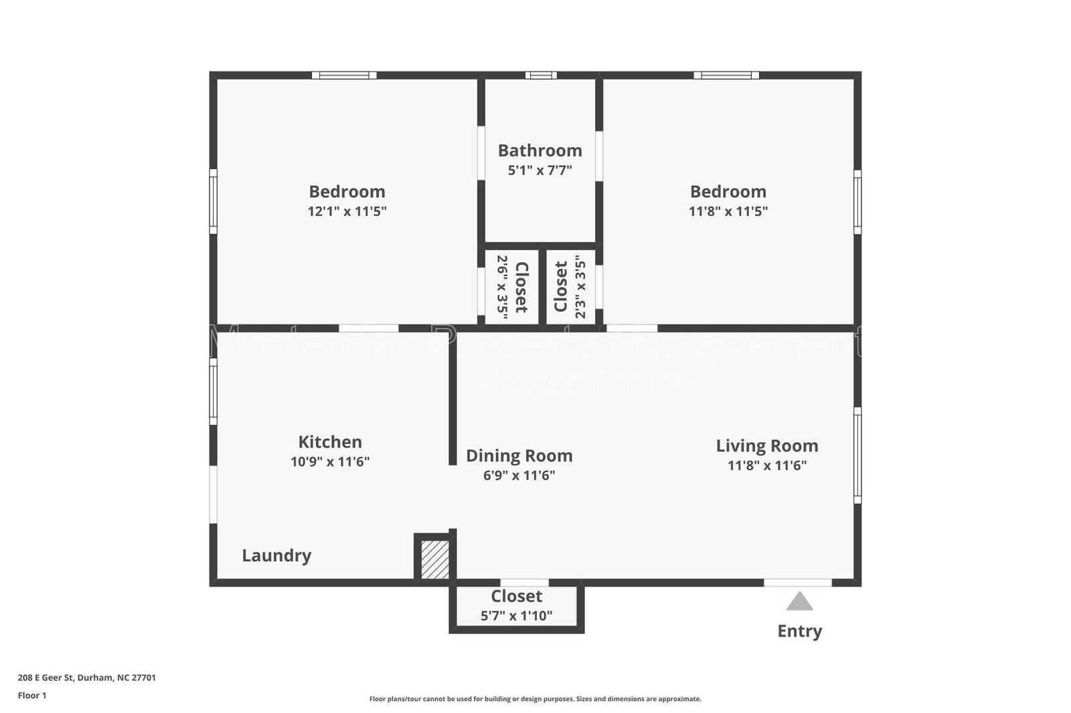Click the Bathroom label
pos(540,150)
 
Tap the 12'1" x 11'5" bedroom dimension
pos(347,211)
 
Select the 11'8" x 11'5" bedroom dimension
pos(728,211)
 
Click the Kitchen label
pos(330,441)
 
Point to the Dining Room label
pos(519,455)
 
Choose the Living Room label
pos(767,445)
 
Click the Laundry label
pos(276,555)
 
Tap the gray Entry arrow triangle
pos(799,602)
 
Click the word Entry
pos(799,631)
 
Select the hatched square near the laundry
pos(435,559)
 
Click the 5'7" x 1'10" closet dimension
pos(516,615)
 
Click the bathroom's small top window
pos(540,75)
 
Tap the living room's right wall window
pos(857,455)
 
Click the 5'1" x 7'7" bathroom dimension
pos(540,170)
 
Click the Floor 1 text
pos(32,696)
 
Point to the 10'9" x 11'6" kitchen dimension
pos(330,462)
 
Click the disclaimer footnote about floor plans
pos(535,699)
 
